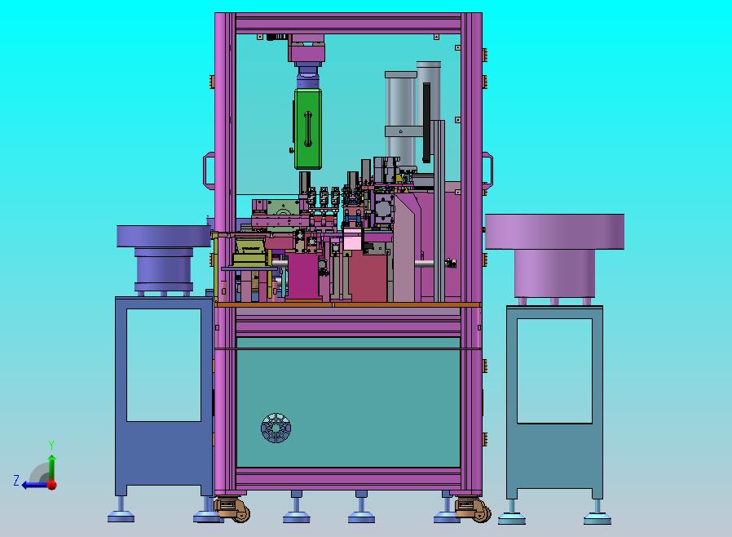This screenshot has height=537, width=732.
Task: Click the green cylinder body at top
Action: (x=308, y=128)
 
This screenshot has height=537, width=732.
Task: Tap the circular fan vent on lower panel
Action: (x=276, y=428)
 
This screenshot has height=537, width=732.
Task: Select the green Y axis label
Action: (x=51, y=445)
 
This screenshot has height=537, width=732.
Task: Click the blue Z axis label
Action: (x=16, y=481)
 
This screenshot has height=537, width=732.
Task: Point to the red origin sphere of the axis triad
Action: (x=52, y=485)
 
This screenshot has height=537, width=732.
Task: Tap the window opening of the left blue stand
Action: (x=164, y=365)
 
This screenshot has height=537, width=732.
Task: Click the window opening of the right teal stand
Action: (x=554, y=371)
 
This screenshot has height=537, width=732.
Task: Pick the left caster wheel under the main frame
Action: (x=232, y=510)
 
